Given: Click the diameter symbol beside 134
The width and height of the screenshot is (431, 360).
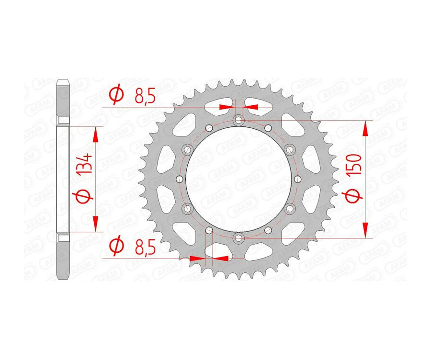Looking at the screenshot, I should [x=84, y=197].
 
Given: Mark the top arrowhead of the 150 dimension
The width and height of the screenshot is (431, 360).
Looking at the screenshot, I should [x=366, y=128].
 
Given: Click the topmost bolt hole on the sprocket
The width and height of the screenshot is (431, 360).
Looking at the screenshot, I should [x=238, y=120].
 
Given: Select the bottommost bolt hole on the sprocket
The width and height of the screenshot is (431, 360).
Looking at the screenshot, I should [x=238, y=238].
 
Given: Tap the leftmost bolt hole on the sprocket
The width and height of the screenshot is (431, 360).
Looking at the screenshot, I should [x=180, y=179].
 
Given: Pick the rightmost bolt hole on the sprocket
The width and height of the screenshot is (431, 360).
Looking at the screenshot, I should [x=297, y=179].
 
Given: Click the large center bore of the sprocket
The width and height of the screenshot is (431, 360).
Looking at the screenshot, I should [x=238, y=179].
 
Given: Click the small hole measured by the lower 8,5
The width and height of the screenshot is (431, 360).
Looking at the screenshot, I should [x=209, y=230].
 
